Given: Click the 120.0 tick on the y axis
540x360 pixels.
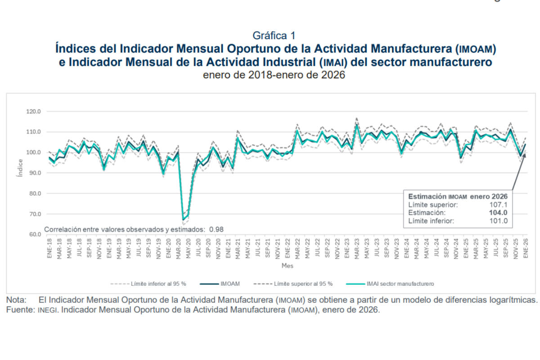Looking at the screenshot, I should coord(34,111).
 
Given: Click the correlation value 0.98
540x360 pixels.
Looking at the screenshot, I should coord(216,229).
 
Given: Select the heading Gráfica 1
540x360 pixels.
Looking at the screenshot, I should coord(274,35).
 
